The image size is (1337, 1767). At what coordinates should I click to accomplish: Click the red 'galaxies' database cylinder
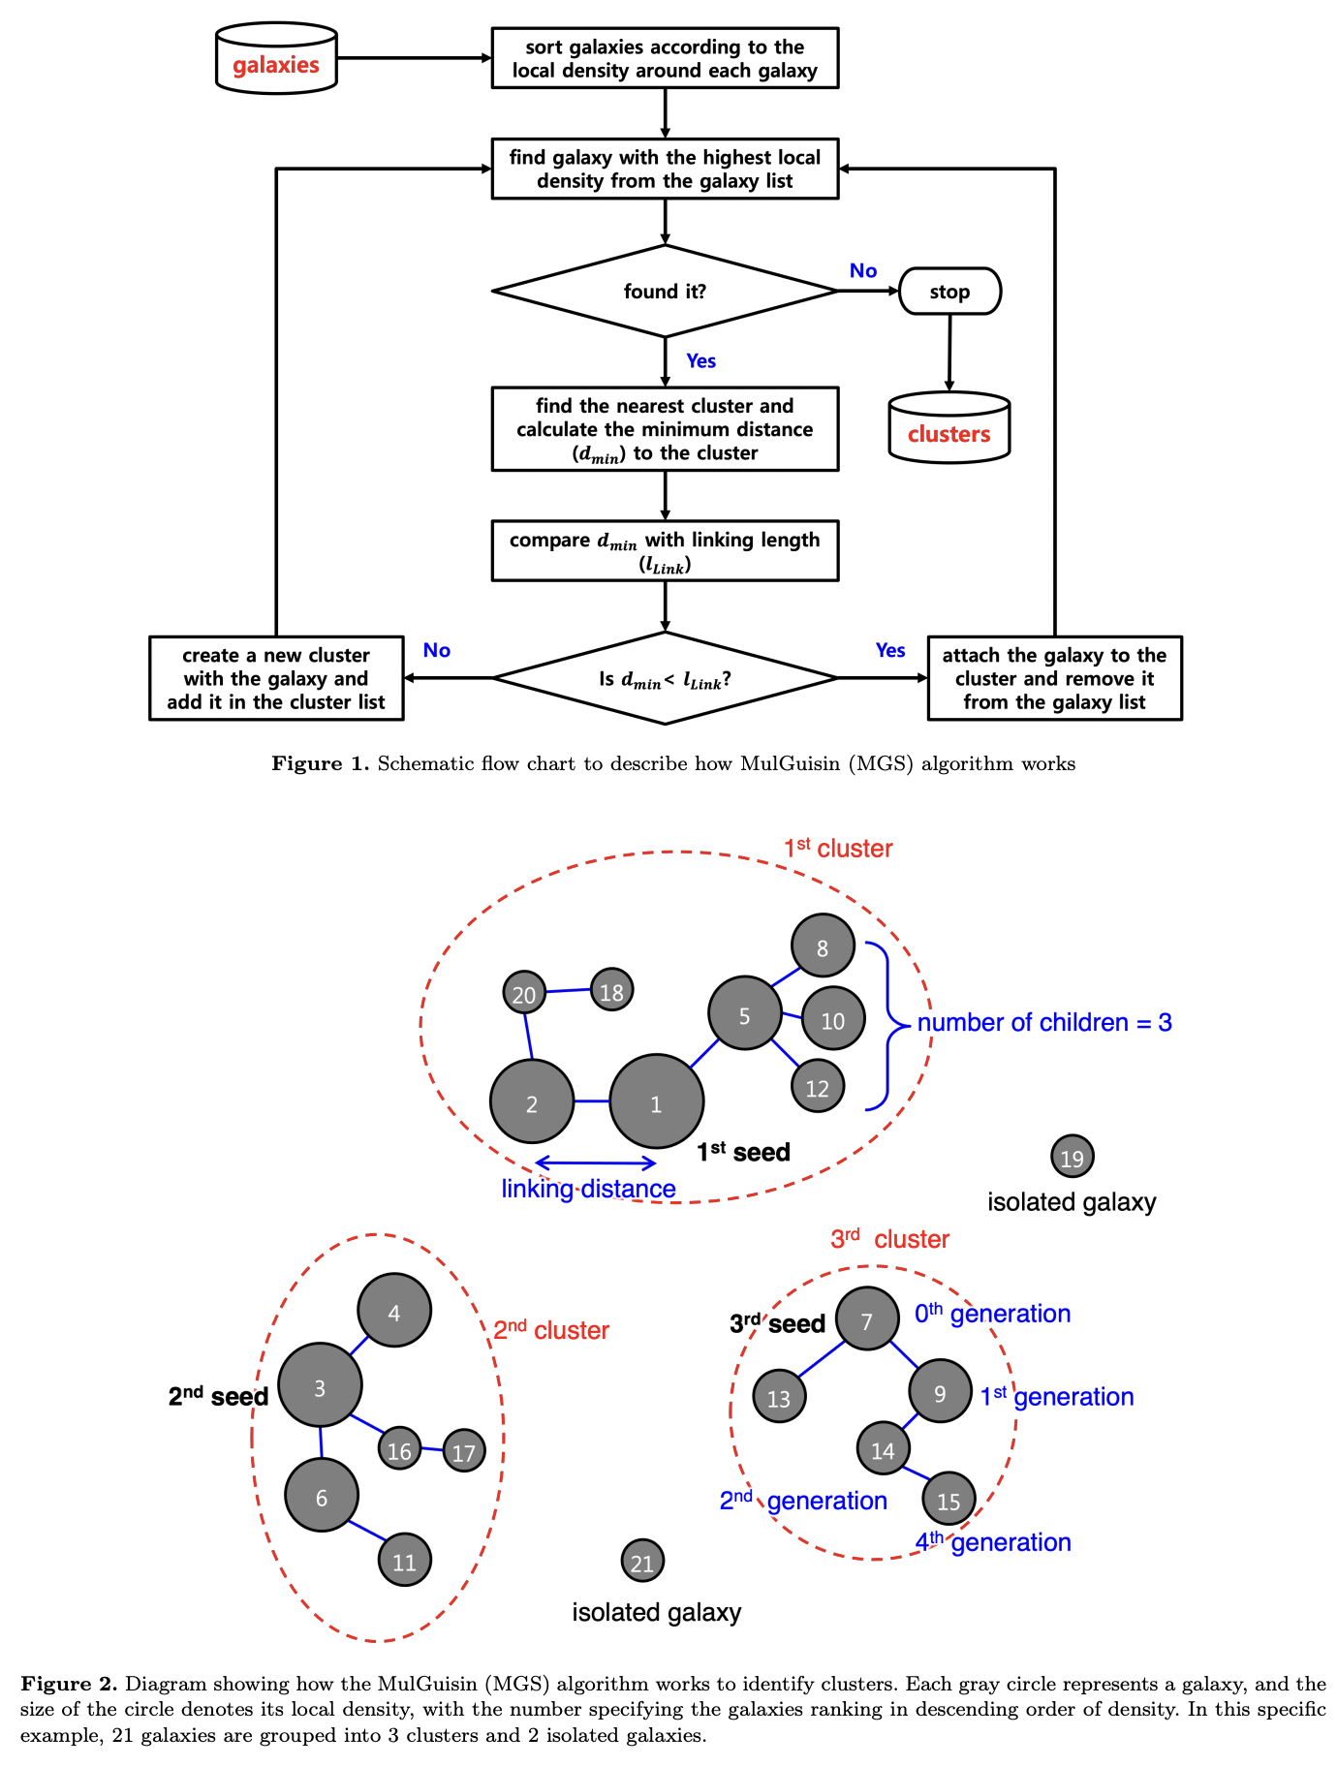tap(276, 60)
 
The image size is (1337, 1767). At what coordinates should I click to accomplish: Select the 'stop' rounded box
tap(949, 292)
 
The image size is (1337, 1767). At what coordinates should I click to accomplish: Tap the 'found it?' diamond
tap(665, 291)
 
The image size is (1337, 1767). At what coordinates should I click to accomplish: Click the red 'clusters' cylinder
tap(948, 428)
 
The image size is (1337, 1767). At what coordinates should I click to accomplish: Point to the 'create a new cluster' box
tap(276, 678)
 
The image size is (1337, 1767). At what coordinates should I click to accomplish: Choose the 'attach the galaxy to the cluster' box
tap(1054, 678)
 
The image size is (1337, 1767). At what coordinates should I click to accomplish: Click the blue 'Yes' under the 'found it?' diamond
tap(700, 361)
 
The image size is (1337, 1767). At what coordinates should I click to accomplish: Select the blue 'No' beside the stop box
tap(862, 271)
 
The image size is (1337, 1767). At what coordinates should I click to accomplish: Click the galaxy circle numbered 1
tap(656, 1102)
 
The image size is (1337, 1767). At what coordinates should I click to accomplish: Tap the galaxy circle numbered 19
tap(1072, 1157)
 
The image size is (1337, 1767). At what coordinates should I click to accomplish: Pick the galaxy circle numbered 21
tap(641, 1561)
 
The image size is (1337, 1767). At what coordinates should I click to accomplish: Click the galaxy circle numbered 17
tap(464, 1451)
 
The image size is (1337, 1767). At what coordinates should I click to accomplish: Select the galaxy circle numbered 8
tap(823, 946)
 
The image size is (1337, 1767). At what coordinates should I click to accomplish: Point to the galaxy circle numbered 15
tap(948, 1500)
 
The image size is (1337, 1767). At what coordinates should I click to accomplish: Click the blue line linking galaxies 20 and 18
tap(569, 991)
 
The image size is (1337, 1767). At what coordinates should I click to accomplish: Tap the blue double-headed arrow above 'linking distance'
tap(596, 1162)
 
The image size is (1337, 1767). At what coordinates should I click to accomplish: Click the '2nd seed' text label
tap(218, 1396)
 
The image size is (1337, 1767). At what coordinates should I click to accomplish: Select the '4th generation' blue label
tap(993, 1541)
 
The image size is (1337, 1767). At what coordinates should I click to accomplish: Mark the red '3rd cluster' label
tap(889, 1239)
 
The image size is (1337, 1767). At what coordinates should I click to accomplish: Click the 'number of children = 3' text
tap(1044, 1023)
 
